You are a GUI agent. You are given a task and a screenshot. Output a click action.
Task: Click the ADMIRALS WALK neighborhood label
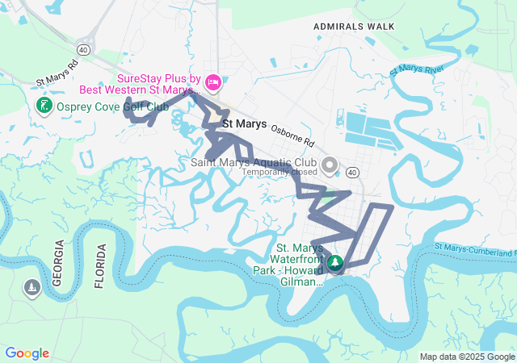355,27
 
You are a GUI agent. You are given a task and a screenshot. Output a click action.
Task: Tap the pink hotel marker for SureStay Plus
213,81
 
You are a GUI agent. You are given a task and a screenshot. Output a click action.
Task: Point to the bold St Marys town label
244,125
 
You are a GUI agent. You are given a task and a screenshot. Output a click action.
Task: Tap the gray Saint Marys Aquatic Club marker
329,166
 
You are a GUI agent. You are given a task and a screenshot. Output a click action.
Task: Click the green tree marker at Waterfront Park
334,263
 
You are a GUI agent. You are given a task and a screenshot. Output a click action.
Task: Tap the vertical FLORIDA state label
100,265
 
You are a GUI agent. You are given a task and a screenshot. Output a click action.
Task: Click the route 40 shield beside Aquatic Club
352,172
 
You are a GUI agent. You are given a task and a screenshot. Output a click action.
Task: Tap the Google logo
27,353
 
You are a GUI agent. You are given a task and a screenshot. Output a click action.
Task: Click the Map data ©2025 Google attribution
467,357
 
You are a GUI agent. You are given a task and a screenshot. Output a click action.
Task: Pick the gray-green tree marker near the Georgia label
32,288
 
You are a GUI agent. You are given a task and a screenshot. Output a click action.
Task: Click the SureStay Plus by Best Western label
158,85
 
